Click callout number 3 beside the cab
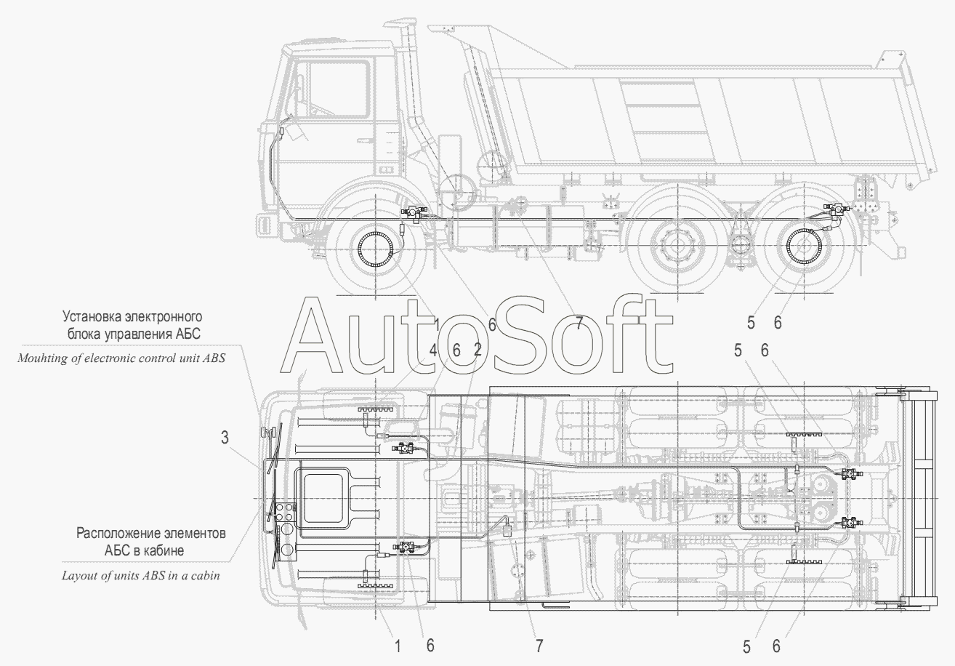(x=225, y=438)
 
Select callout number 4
(x=433, y=351)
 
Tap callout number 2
(x=477, y=350)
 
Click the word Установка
(x=91, y=317)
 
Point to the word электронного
(x=163, y=317)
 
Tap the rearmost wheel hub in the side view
(x=804, y=246)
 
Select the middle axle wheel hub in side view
(x=677, y=246)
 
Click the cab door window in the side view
(x=333, y=89)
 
